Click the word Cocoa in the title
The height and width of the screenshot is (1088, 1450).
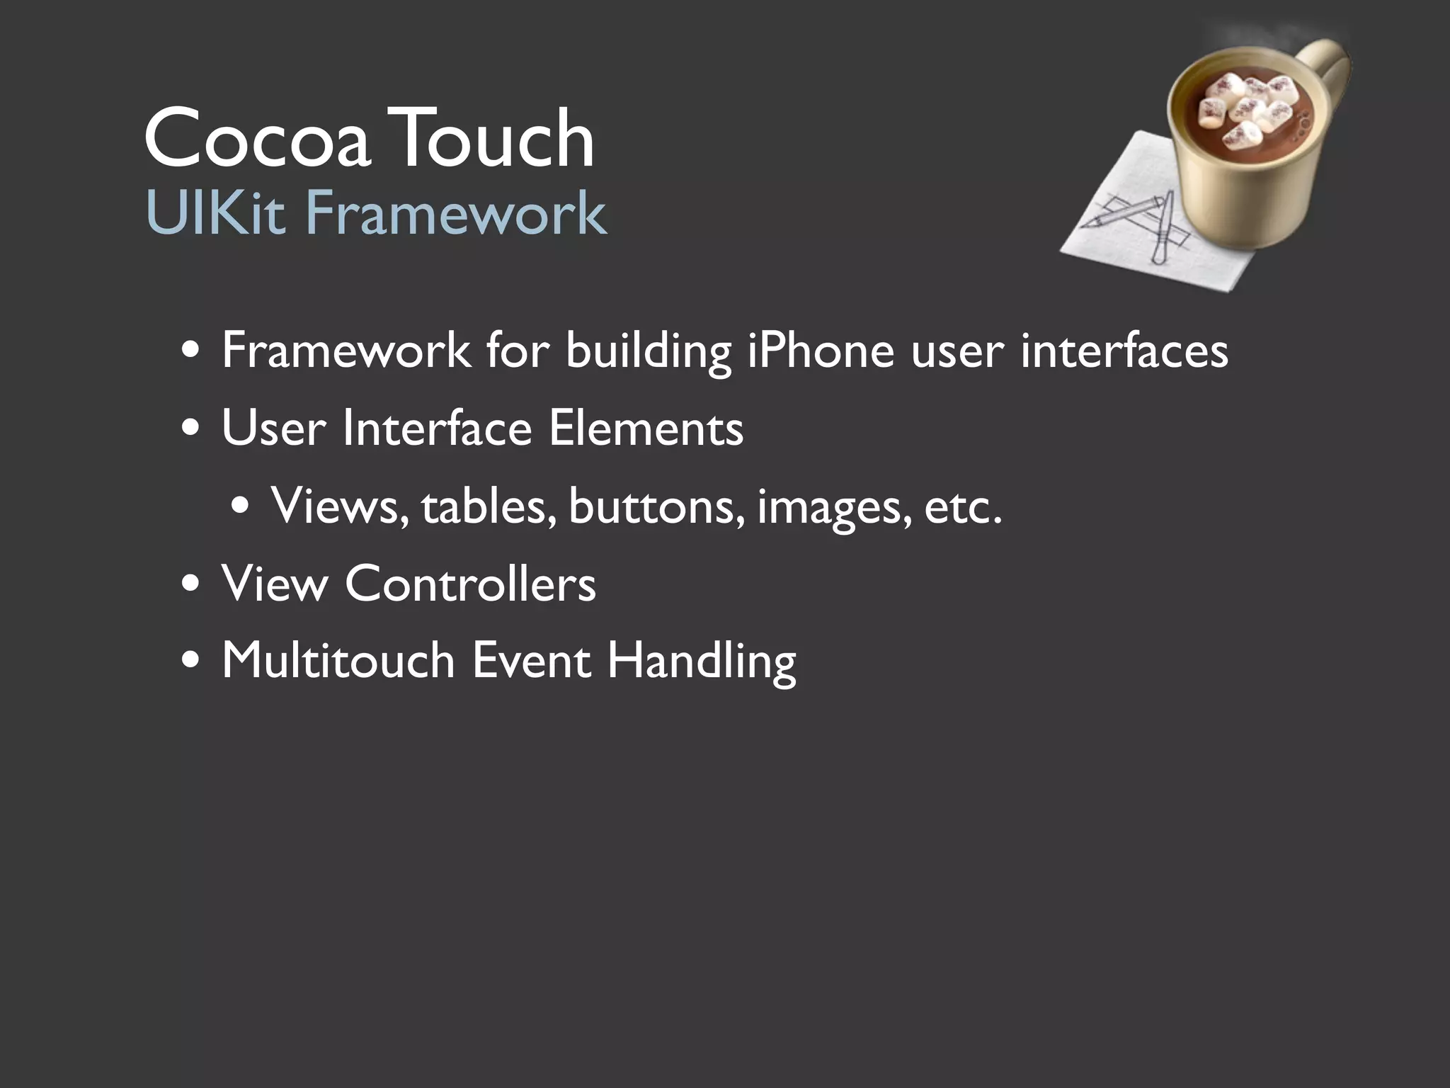(x=256, y=139)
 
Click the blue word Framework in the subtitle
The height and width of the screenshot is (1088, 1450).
(x=455, y=213)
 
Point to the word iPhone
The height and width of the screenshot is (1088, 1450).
(x=821, y=351)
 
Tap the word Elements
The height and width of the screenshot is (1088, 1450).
(x=645, y=429)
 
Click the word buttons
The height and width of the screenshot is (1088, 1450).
(x=656, y=506)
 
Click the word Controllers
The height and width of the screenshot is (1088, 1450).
(x=470, y=584)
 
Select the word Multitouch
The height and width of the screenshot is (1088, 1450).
(x=338, y=661)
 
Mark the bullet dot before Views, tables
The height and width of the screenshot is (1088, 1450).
(x=240, y=508)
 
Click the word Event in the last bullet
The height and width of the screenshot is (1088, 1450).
(x=530, y=661)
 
